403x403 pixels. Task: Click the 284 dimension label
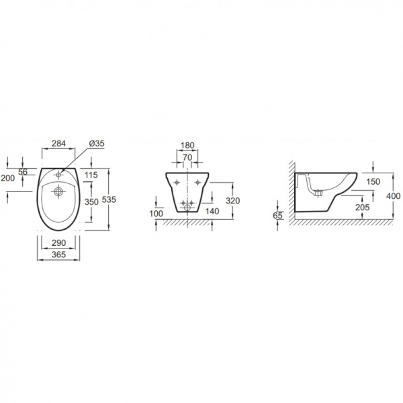coord(59,144)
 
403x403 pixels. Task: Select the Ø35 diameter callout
coord(97,144)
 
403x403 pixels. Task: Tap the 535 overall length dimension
coord(109,199)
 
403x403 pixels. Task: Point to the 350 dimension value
coord(91,202)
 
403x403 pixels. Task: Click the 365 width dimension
coord(59,255)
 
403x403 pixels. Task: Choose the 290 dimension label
coord(59,243)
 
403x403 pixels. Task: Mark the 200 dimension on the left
coord(7,178)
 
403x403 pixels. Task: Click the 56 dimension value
coord(23,171)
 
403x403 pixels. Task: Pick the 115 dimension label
coord(91,175)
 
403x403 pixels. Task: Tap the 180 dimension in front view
coord(187,146)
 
